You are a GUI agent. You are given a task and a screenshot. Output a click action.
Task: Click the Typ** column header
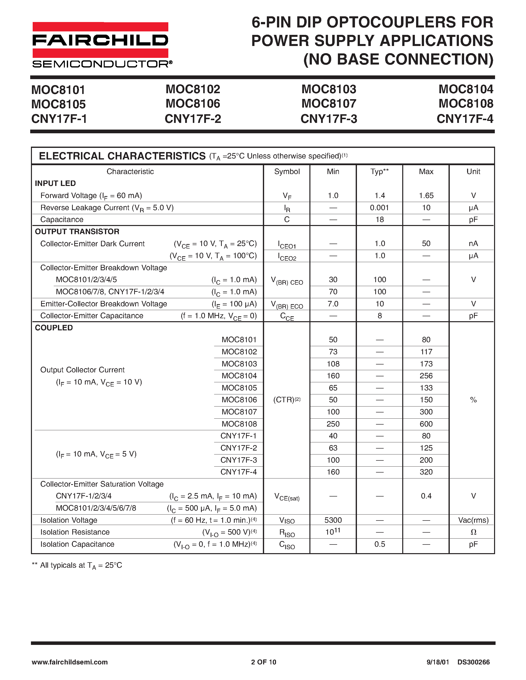pyautogui.click(x=379, y=172)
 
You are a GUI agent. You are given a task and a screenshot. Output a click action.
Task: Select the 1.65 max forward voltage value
pyautogui.click(x=426, y=196)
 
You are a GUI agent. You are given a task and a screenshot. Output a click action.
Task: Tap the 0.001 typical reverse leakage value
pyautogui.click(x=379, y=208)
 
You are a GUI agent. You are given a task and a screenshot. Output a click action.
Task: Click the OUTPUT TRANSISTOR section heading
pyautogui.click(x=77, y=232)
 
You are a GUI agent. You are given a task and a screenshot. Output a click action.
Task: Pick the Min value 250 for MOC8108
pyautogui.click(x=333, y=424)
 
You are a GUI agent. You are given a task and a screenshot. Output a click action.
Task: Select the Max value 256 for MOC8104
pyautogui.click(x=426, y=376)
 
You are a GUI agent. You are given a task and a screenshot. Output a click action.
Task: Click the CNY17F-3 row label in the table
pyautogui.click(x=238, y=460)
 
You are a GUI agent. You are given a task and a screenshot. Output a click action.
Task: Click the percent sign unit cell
pyautogui.click(x=473, y=400)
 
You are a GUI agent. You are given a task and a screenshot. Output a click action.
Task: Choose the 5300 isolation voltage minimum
pyautogui.click(x=333, y=520)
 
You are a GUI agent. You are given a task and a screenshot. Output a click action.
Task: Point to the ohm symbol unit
pyautogui.click(x=473, y=532)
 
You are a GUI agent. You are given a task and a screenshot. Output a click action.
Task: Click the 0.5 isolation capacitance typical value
pyautogui.click(x=379, y=544)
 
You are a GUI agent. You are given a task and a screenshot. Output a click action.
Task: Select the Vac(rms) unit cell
pyautogui.click(x=473, y=520)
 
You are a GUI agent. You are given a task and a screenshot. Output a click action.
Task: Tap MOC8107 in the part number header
pyautogui.click(x=329, y=104)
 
